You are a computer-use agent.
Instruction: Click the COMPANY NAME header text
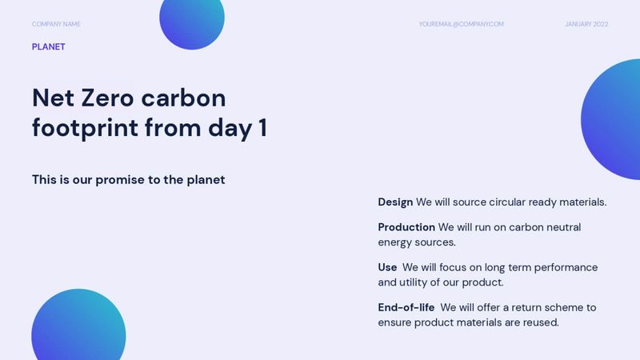click(x=56, y=24)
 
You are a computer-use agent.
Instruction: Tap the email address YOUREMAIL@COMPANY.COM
click(x=461, y=24)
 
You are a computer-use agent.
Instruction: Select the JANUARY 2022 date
click(x=586, y=24)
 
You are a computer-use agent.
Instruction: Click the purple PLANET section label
click(x=49, y=47)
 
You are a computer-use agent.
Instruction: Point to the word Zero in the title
click(x=106, y=98)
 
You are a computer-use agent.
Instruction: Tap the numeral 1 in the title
click(x=262, y=127)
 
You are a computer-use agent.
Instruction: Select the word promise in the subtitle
click(x=119, y=180)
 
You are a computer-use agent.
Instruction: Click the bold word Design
click(x=395, y=202)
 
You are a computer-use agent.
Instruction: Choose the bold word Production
click(x=406, y=228)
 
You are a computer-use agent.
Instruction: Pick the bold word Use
click(x=387, y=268)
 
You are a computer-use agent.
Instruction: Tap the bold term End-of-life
click(x=406, y=308)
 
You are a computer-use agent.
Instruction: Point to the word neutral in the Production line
click(x=562, y=228)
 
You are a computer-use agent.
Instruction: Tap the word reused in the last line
click(x=538, y=322)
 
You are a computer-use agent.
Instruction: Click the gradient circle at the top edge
click(x=192, y=20)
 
